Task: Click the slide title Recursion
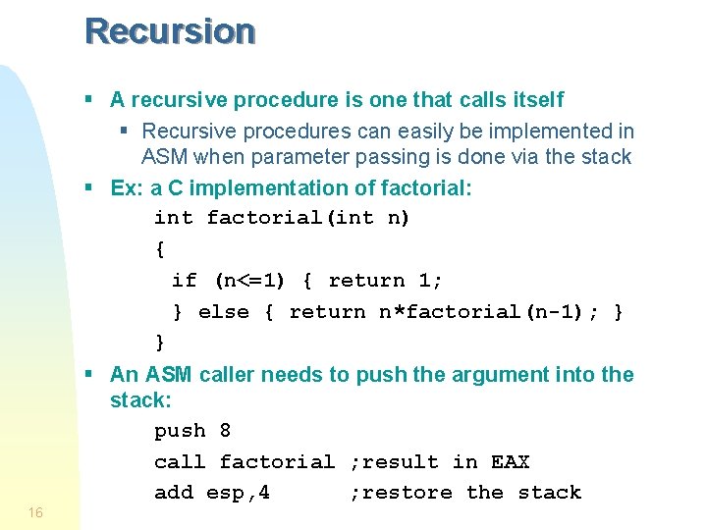[170, 31]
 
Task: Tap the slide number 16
[35, 512]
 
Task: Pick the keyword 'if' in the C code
[184, 281]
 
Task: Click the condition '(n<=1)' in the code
[249, 281]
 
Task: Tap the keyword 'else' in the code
[224, 312]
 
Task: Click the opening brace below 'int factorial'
[160, 249]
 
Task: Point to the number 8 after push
[226, 431]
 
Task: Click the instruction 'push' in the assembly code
[180, 431]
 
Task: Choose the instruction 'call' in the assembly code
[180, 462]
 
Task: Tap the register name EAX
[510, 462]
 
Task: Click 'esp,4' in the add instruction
[239, 493]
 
